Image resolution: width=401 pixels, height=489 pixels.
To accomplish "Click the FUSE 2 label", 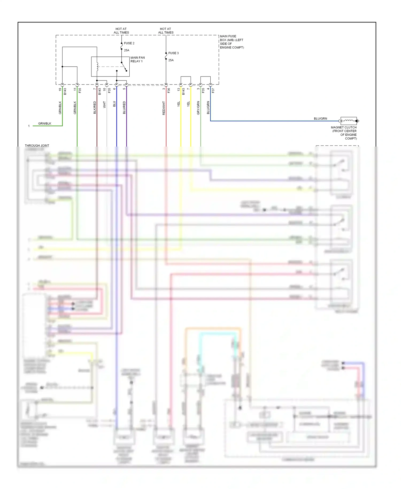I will click(x=129, y=43).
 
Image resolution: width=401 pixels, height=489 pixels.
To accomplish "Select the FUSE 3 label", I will click(x=173, y=53).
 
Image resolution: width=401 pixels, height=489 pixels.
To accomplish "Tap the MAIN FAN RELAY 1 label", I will click(x=137, y=59).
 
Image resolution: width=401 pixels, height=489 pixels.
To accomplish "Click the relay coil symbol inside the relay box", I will click(x=97, y=67).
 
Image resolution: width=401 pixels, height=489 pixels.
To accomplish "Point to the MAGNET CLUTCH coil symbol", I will click(x=348, y=121).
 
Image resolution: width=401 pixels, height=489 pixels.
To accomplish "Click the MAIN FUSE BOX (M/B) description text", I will click(x=232, y=42).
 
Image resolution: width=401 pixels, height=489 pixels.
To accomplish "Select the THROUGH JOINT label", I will click(x=37, y=146).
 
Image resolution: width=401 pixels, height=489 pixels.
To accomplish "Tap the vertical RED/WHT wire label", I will click(x=164, y=108).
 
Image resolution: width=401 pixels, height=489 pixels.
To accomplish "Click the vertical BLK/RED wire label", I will click(x=95, y=108).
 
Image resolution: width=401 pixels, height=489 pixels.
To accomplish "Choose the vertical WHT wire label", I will click(x=105, y=105).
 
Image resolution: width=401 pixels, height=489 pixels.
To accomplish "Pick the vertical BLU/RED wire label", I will click(x=124, y=108).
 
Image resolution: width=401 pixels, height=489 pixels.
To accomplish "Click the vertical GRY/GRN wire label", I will click(x=198, y=108).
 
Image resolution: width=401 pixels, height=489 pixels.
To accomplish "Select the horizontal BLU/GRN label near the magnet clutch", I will click(x=320, y=119).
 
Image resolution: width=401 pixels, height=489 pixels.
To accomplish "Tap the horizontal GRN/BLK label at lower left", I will click(x=45, y=123).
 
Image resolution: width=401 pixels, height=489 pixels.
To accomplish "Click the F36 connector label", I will click(x=169, y=91).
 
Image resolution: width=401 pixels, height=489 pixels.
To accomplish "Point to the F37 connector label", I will click(x=213, y=91).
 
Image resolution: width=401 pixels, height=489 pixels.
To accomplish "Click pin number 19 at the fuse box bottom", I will click(x=60, y=90).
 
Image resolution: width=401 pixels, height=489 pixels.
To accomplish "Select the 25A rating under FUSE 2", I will click(x=126, y=50).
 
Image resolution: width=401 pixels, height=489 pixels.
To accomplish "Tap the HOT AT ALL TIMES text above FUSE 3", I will click(x=165, y=30).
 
